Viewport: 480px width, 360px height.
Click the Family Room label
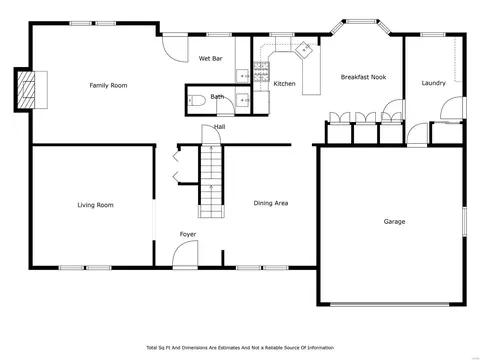[x=108, y=85]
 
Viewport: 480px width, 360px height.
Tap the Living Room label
[x=95, y=205]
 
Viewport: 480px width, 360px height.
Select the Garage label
[x=394, y=222]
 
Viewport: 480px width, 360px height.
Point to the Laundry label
[x=433, y=83]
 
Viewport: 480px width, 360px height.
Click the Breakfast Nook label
[x=363, y=77]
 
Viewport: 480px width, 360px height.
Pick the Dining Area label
[x=271, y=203]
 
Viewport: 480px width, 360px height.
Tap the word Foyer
[x=188, y=234]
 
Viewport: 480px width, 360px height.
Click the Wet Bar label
[x=210, y=59]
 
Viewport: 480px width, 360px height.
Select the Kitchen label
[x=284, y=84]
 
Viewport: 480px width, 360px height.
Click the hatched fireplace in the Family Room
[x=26, y=90]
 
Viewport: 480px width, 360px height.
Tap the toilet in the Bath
[x=196, y=100]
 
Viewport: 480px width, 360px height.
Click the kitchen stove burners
[x=261, y=72]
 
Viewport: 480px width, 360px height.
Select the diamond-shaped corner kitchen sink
[x=304, y=50]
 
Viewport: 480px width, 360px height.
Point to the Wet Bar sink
[x=242, y=76]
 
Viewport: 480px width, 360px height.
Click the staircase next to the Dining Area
[x=211, y=181]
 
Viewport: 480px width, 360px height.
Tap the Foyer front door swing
[x=185, y=254]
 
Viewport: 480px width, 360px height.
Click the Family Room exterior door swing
[x=175, y=49]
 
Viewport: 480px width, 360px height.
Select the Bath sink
[x=242, y=100]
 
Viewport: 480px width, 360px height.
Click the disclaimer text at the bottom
[x=240, y=348]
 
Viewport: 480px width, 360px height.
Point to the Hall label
[x=219, y=127]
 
